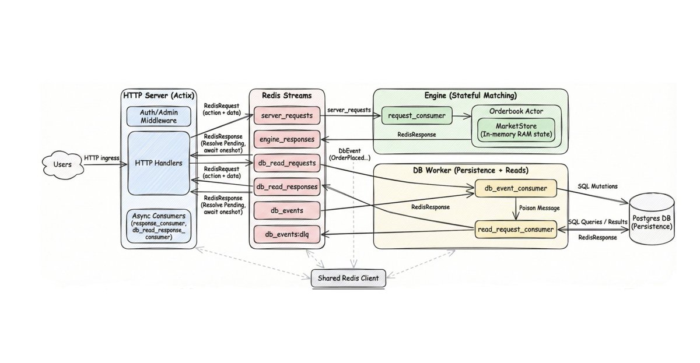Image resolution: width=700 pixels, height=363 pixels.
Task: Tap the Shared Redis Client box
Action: coord(348,279)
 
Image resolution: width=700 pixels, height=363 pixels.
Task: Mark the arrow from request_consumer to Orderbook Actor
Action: coord(461,117)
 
